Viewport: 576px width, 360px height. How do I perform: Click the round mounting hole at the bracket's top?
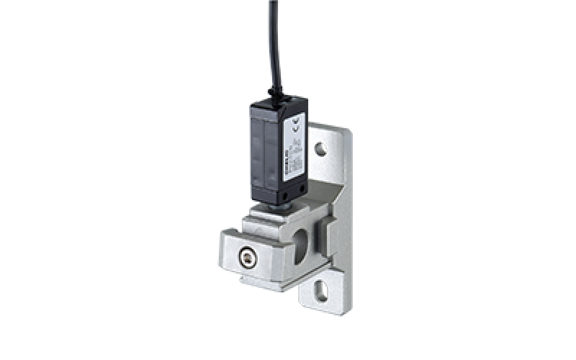[322, 150]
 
